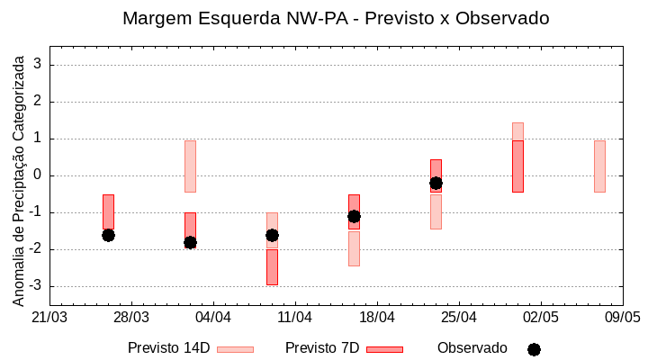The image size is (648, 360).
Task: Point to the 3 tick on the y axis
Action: coord(40,65)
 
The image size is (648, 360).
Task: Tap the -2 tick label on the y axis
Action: coord(37,249)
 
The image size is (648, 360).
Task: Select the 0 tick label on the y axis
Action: coord(40,175)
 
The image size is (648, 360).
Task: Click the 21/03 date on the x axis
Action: coord(49,318)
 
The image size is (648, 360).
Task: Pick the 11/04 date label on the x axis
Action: coord(295,318)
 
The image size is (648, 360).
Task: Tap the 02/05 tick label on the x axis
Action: coord(541,318)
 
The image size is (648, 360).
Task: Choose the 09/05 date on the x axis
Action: coord(622,318)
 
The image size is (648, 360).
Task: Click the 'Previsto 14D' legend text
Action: coord(168,348)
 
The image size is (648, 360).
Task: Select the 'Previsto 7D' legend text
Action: coord(322,348)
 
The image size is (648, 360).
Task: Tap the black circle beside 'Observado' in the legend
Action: coord(534,349)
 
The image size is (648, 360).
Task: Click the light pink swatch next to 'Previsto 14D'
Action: coord(235,349)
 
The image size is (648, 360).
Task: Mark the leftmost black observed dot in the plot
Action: coord(108,235)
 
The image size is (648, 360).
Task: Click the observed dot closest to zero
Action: coord(436,183)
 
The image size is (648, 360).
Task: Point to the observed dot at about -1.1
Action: coord(354,216)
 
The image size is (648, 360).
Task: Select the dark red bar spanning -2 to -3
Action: coord(272,267)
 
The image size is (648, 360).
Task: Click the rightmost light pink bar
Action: coord(599,166)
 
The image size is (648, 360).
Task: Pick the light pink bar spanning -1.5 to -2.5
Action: coord(354,249)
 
